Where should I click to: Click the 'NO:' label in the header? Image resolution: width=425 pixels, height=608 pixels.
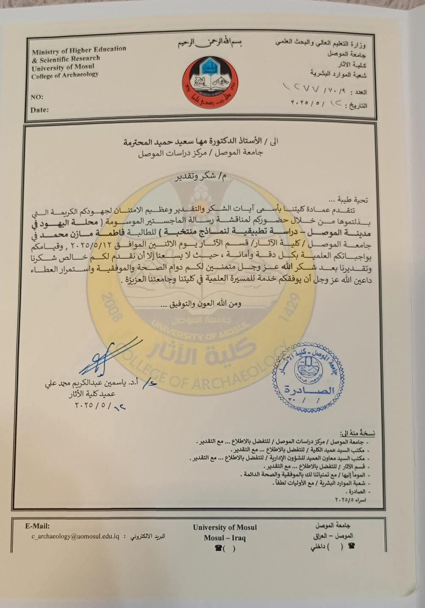point(37,97)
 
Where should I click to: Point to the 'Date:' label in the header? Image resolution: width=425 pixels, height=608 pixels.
point(39,110)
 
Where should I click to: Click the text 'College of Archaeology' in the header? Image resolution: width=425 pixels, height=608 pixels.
point(65,75)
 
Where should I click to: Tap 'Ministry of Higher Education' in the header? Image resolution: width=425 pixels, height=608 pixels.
point(79,50)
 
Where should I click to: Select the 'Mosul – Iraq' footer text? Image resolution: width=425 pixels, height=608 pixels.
point(225,538)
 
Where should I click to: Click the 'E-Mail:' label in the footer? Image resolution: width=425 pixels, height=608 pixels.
point(38,526)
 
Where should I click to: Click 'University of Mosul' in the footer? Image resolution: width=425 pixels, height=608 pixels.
point(225,528)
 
